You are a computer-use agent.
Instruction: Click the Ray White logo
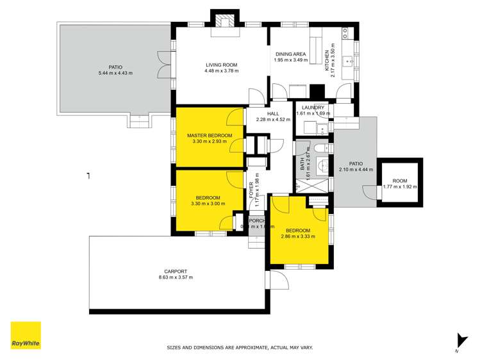tap(26, 335)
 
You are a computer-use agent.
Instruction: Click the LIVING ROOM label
tap(222, 65)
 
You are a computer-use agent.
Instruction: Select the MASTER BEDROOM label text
tap(208, 136)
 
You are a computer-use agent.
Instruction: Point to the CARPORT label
tap(175, 271)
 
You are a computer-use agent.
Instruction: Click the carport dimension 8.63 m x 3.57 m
tap(175, 277)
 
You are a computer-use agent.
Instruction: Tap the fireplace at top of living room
tap(225, 22)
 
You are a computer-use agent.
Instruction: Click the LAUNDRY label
tap(313, 108)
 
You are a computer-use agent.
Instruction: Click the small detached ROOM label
tap(400, 181)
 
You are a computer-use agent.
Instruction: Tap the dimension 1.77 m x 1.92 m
tap(400, 187)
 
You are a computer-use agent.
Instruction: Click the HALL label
tap(274, 113)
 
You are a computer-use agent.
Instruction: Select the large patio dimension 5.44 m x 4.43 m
tap(115, 73)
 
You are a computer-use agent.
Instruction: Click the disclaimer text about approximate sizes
tap(240, 347)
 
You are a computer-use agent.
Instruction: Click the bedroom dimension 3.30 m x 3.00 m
tap(208, 204)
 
